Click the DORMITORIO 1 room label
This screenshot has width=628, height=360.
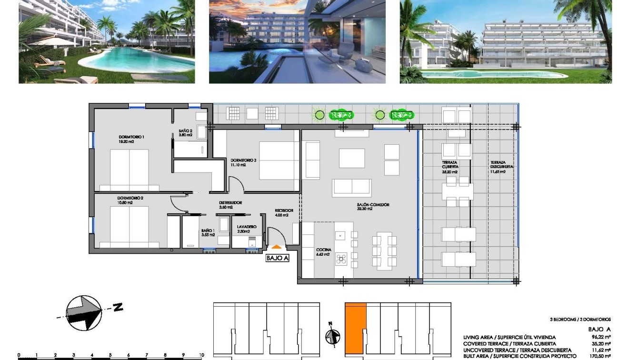click(131, 137)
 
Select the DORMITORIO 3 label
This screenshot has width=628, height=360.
click(243, 160)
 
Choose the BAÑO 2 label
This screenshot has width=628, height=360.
click(186, 131)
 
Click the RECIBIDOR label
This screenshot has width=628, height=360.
click(284, 210)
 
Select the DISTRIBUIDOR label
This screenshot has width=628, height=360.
click(230, 203)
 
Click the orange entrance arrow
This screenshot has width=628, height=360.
click(276, 247)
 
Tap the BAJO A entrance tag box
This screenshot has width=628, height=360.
click(278, 259)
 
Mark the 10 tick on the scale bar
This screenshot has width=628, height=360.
click(202, 355)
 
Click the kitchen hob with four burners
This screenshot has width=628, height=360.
click(341, 259)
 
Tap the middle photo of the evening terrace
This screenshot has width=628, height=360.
click(297, 41)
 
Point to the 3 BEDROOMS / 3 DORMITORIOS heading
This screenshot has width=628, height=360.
click(580, 320)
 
